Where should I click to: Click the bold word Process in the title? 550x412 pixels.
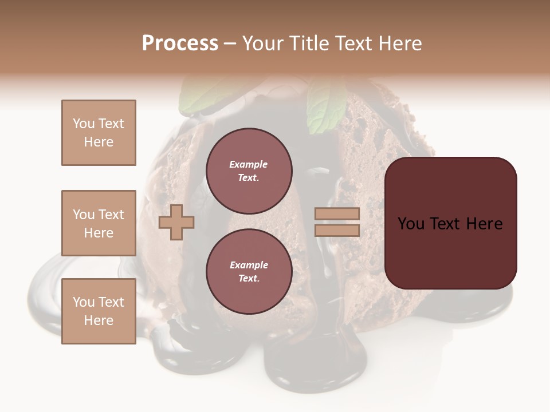coord(180,43)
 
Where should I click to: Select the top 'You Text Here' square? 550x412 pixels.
coord(99,133)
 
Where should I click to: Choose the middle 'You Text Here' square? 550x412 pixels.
coord(99,223)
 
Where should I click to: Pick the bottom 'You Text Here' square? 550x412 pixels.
coord(99,311)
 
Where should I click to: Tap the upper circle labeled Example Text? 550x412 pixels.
coord(249,171)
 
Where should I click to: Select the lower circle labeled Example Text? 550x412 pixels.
coord(249,271)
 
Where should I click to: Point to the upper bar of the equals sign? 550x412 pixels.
coord(337,214)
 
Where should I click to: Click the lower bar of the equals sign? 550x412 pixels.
coord(337,231)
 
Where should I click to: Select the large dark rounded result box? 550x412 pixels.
coord(450,223)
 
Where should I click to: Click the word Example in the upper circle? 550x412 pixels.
coord(249,164)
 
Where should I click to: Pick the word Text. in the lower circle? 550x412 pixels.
coord(249,278)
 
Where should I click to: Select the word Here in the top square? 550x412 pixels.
coord(99,142)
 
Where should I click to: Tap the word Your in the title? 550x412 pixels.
coord(265,43)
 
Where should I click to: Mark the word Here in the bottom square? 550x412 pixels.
coord(99,320)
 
